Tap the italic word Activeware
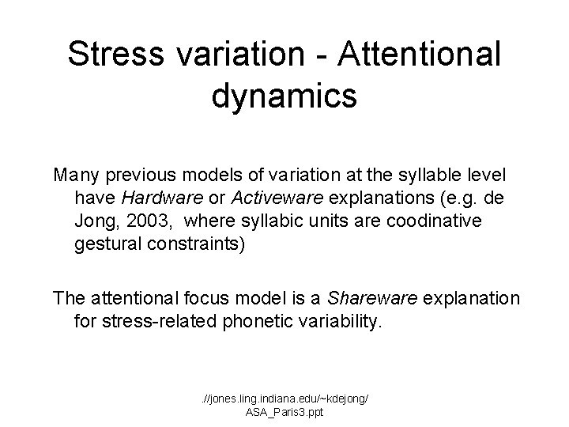[x=264, y=197]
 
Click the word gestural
[x=106, y=244]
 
